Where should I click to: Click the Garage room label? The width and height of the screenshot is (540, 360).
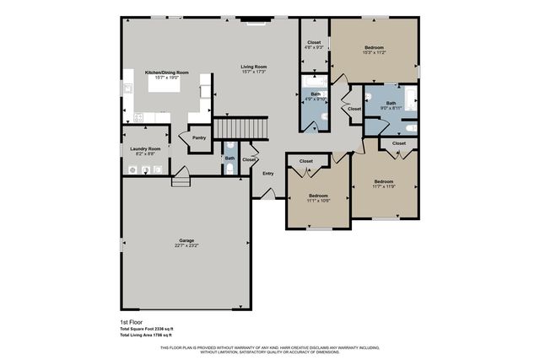pos(186,240)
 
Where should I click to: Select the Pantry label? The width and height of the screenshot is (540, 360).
pos(199,137)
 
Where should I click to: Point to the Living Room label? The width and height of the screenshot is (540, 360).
pos(253,67)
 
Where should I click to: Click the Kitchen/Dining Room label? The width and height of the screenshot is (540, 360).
pos(166,73)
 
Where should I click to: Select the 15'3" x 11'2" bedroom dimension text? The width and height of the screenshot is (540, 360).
pos(374,52)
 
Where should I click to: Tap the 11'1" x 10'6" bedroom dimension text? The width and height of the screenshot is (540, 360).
pos(318,201)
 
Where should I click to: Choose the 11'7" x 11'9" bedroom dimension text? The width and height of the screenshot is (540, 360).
pos(384,186)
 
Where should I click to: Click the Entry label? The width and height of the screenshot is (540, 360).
pos(267,174)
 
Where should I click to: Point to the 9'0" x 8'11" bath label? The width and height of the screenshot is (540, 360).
pos(391,108)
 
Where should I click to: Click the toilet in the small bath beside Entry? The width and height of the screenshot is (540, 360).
pos(230,169)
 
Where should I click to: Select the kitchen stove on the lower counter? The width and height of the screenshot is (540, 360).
pos(138,117)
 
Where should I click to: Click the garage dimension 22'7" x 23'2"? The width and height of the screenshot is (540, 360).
pos(186,245)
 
